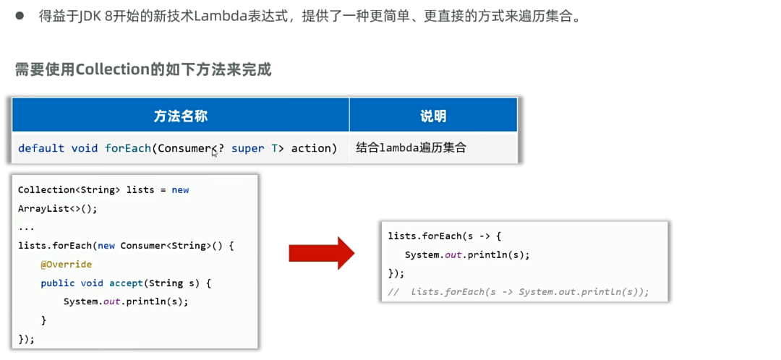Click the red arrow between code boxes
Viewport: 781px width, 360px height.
tap(320, 253)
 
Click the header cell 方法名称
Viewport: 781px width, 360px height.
tap(181, 116)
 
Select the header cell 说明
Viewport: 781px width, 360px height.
tap(432, 116)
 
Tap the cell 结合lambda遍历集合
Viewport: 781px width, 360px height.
tap(411, 148)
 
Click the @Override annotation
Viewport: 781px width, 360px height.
tap(66, 265)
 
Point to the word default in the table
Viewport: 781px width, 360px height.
tap(40, 148)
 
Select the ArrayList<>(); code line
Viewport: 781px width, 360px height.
tap(57, 208)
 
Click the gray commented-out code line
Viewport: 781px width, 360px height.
tap(519, 292)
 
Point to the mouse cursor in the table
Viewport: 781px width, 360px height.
tap(214, 153)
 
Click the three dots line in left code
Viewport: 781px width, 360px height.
tap(26, 227)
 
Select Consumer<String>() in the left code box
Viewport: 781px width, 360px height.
tap(176, 246)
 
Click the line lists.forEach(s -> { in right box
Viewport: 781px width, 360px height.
tap(445, 236)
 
